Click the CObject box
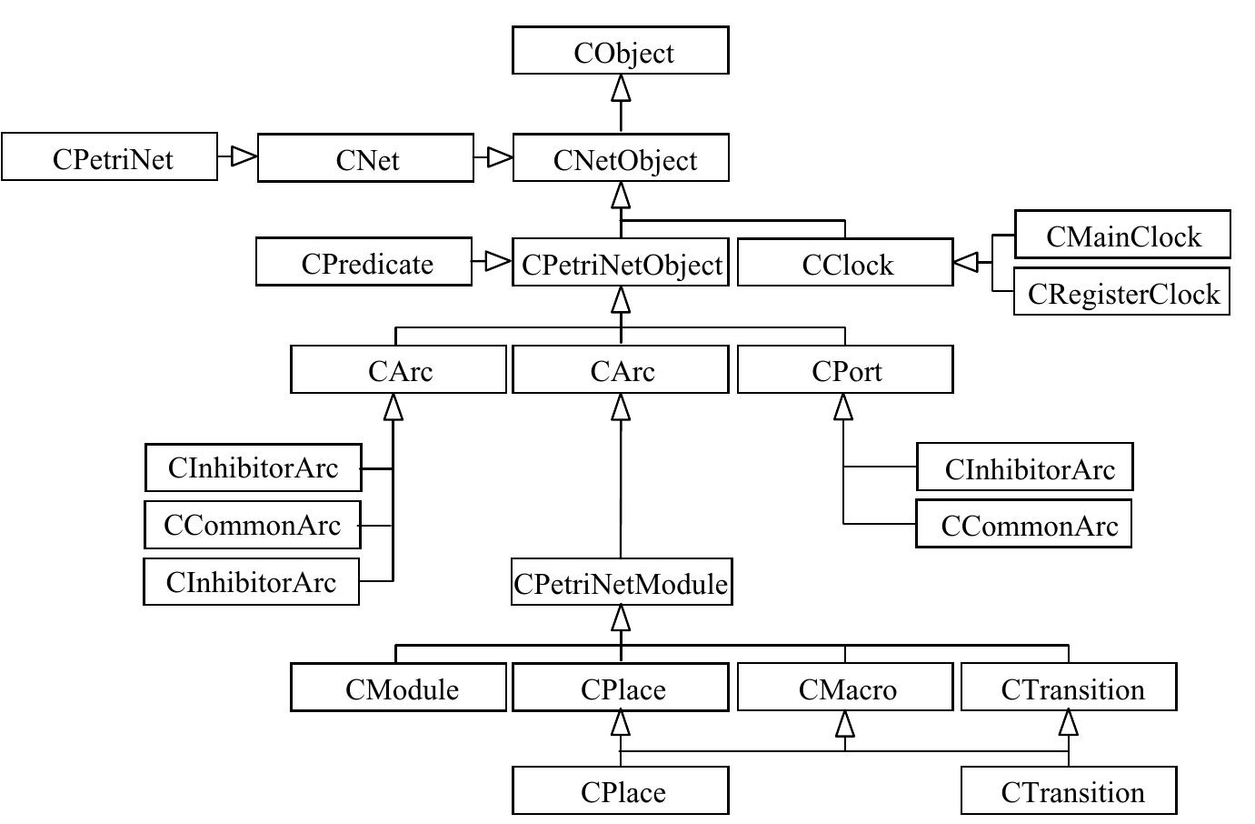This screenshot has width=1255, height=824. [620, 50]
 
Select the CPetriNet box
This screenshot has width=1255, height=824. [110, 156]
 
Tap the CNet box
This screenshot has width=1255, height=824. [365, 158]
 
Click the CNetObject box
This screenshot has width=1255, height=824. [620, 158]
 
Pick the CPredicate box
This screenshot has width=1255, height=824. [364, 262]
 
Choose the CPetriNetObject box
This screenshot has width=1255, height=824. [620, 263]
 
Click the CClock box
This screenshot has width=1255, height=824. [845, 263]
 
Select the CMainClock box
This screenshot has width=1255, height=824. [1122, 235]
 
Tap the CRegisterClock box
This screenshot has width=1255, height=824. [1121, 292]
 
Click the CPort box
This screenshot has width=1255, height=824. [845, 369]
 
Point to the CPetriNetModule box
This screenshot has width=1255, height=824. [621, 582]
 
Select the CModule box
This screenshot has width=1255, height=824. [398, 688]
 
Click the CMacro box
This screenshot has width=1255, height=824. [845, 688]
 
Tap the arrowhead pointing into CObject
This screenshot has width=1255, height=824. [621, 87]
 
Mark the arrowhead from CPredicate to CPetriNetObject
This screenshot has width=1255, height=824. [498, 262]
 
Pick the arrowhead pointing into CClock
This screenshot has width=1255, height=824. [966, 263]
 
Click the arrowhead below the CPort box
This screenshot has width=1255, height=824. [844, 407]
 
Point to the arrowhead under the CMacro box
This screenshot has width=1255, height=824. [845, 724]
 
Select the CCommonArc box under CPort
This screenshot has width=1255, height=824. [1023, 524]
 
